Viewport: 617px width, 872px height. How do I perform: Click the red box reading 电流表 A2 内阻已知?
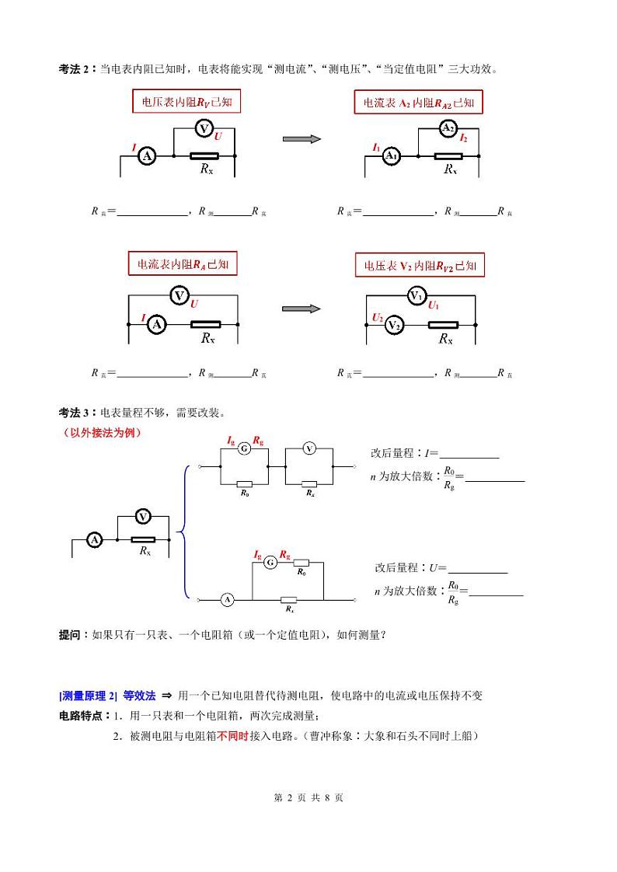(x=419, y=102)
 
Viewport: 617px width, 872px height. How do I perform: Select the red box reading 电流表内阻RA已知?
(x=183, y=264)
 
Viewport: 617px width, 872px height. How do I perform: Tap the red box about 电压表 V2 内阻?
(x=420, y=265)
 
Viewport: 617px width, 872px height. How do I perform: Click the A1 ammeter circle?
(x=392, y=156)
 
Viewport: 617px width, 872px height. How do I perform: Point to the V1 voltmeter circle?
(x=417, y=295)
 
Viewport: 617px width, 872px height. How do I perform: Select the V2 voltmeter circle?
(x=394, y=325)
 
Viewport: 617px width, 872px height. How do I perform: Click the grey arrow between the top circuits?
(x=302, y=139)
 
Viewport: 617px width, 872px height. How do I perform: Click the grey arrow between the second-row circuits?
(x=302, y=309)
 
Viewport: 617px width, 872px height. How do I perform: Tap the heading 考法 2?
(x=76, y=69)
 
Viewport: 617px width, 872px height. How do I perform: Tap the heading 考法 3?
(x=76, y=412)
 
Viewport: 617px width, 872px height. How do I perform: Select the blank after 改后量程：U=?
(x=478, y=569)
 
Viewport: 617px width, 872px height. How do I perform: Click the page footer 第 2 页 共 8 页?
(x=308, y=797)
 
